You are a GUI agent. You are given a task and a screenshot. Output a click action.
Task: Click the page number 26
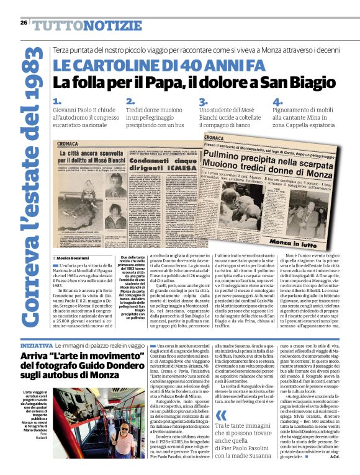point(24,23)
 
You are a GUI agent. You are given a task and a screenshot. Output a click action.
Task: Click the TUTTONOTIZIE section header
point(87,25)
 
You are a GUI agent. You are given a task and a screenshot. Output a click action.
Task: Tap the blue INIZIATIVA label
point(36,344)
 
